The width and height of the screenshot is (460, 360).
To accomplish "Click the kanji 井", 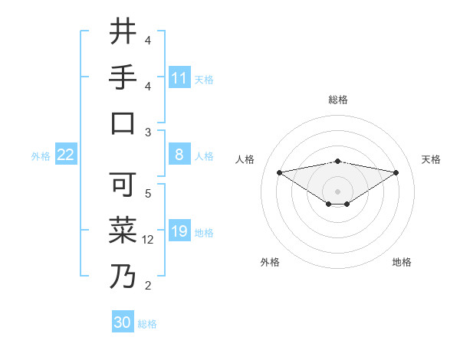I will [123, 32].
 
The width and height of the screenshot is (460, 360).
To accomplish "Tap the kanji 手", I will [123, 78].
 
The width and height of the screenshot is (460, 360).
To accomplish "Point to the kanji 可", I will [123, 184].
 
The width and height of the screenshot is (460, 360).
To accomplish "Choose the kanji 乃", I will [123, 276].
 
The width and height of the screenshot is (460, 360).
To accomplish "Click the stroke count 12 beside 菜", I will [149, 240].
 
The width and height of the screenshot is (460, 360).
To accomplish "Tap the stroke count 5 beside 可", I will [148, 193].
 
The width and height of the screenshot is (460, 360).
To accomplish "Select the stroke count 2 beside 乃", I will [148, 286].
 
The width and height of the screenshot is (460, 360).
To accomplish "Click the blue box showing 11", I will [179, 78].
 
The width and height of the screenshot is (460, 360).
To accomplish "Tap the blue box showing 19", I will [179, 231].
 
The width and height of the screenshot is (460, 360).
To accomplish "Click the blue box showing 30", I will [122, 323].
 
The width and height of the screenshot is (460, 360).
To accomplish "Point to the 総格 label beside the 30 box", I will [148, 324].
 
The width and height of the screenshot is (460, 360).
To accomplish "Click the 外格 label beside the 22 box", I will [41, 156].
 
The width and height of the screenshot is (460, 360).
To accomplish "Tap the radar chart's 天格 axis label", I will [431, 159].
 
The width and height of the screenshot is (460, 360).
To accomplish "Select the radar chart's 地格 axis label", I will [402, 262].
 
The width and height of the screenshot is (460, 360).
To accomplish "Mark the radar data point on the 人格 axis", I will [279, 172].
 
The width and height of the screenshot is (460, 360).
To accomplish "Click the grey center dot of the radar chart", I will [337, 191].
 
